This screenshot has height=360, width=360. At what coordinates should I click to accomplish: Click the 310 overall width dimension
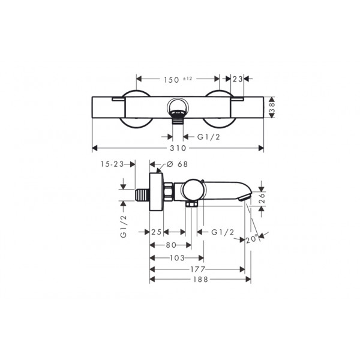178,148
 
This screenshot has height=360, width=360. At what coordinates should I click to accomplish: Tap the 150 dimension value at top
171,80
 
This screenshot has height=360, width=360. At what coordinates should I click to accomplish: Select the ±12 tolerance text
187,79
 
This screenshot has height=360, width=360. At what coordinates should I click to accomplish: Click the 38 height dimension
272,107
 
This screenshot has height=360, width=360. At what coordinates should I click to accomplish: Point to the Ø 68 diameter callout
177,164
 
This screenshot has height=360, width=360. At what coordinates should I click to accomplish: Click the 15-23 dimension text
112,164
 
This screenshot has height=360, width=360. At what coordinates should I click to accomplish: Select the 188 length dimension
200,280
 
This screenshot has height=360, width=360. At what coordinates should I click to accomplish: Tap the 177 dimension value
197,269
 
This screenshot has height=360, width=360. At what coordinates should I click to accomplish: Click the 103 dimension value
177,258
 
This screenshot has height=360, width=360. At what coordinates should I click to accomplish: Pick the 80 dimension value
171,245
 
